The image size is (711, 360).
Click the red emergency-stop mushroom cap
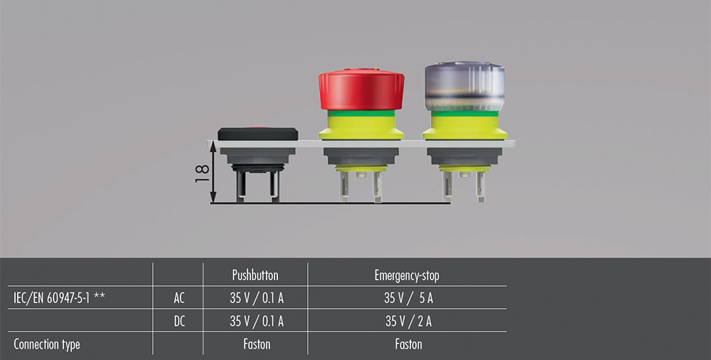click(361, 90)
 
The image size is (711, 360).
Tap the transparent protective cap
click(464, 86)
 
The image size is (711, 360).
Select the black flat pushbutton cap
click(257, 134)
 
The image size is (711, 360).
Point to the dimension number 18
click(202, 173)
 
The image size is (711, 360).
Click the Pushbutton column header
click(255, 275)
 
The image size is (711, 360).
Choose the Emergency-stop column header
click(407, 275)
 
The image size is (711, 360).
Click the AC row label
click(179, 298)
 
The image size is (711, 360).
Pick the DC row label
click(180, 322)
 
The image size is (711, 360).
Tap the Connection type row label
click(47, 344)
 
